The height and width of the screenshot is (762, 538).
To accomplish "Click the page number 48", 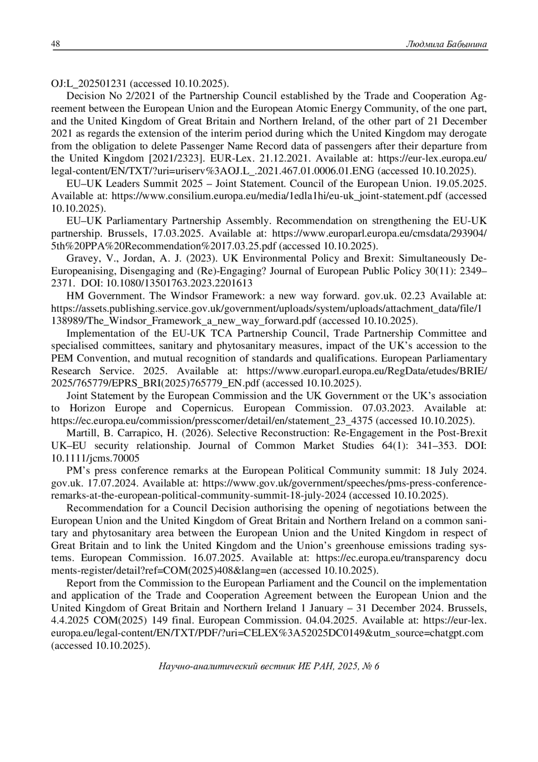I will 56,44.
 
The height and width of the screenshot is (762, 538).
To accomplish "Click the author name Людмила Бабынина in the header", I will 446,44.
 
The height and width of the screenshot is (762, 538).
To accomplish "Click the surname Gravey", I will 82,258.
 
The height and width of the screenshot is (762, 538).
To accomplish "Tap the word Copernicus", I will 206,408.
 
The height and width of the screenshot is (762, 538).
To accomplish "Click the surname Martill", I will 82,434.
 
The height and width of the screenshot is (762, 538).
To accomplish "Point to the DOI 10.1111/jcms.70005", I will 95,458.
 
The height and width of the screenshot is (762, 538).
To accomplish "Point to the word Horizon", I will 87,408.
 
